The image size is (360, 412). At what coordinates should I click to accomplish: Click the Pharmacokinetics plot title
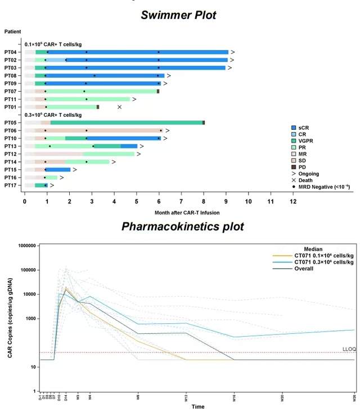pyautogui.click(x=183, y=227)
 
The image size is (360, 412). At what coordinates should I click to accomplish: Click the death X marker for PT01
pyautogui.click(x=119, y=107)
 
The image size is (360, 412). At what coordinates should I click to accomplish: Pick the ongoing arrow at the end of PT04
pyautogui.click(x=232, y=52)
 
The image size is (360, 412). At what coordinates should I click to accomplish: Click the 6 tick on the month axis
pyautogui.click(x=159, y=200)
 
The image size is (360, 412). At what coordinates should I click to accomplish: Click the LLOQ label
pyautogui.click(x=348, y=350)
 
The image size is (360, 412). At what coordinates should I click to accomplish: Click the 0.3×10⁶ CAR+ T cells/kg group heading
pyautogui.click(x=53, y=115)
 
